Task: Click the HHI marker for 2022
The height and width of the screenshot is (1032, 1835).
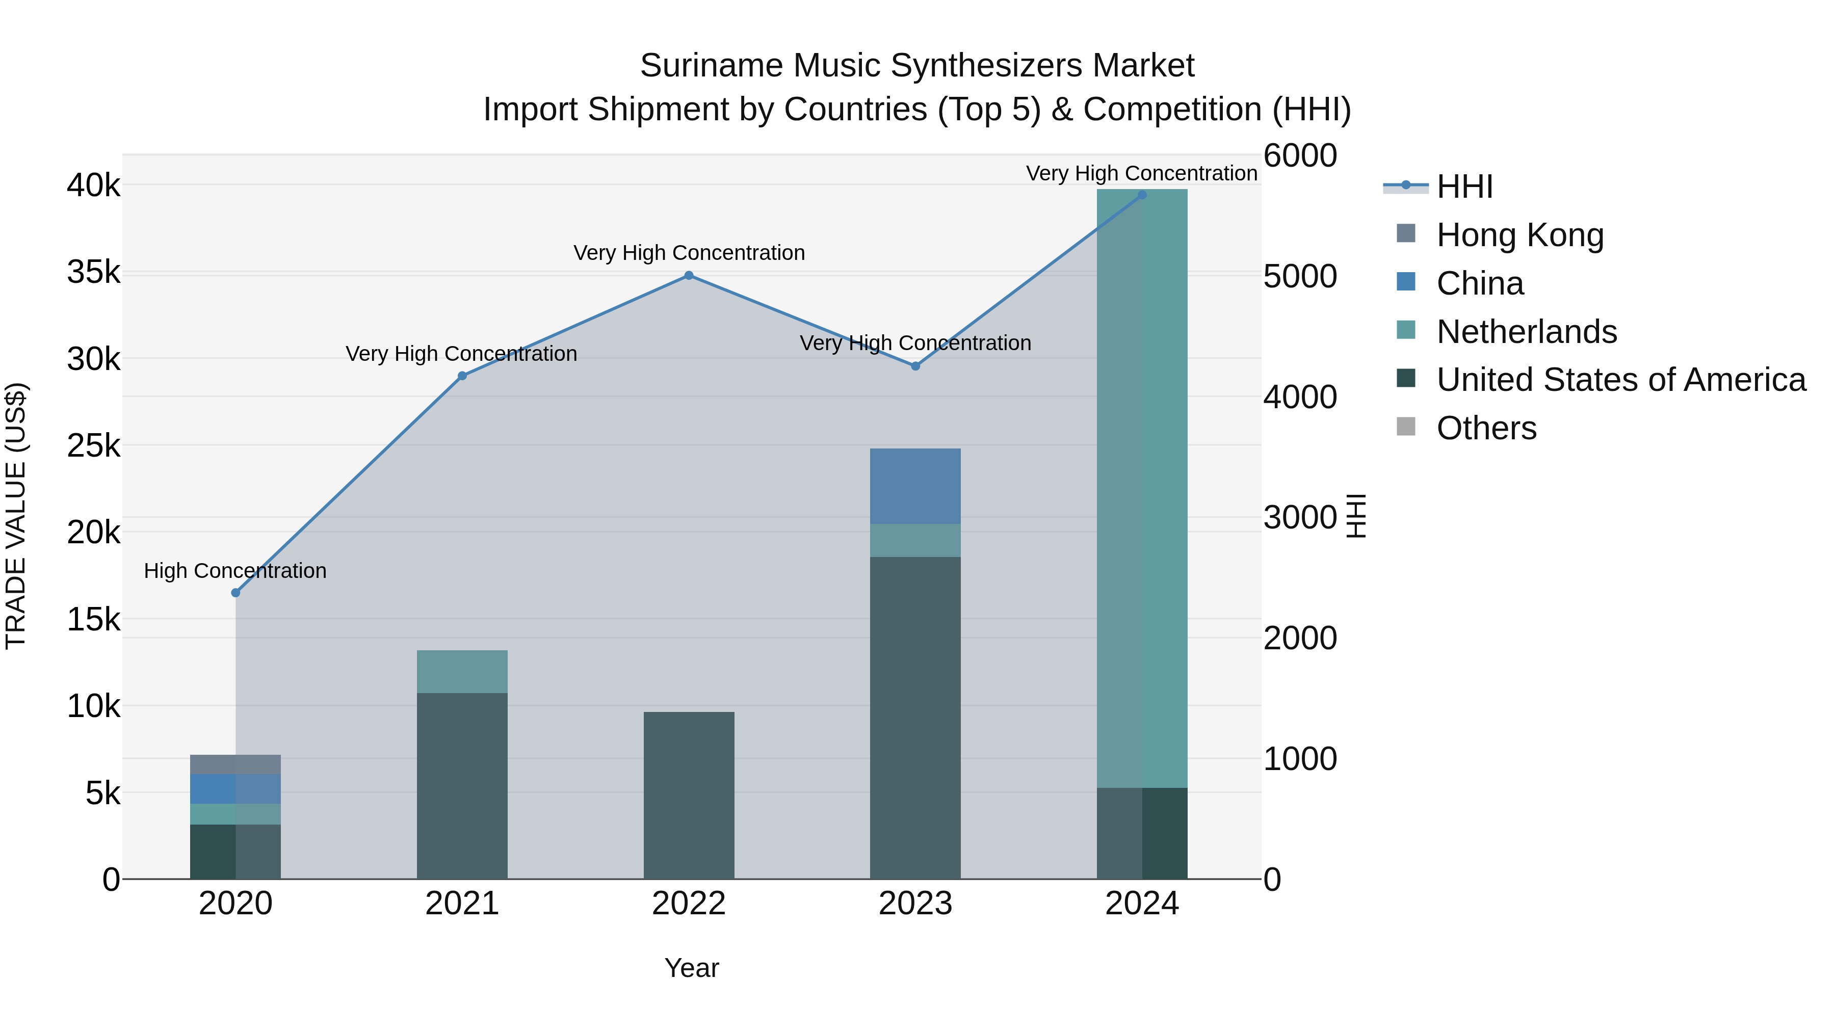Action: [x=688, y=276]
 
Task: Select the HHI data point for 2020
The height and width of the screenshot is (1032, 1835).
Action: [x=236, y=593]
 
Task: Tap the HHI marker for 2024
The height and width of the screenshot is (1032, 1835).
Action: [x=1142, y=195]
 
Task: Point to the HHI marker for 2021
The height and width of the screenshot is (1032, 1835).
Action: [x=462, y=376]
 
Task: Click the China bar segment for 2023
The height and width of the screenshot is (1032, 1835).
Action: [x=915, y=487]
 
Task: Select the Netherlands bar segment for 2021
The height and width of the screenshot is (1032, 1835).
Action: [x=462, y=672]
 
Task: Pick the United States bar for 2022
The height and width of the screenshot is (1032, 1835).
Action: [x=689, y=795]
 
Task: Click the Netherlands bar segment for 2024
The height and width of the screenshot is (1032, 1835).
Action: [x=1142, y=489]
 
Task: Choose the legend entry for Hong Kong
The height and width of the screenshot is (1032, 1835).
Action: [x=1519, y=235]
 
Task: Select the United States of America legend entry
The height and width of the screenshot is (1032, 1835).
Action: [x=1620, y=380]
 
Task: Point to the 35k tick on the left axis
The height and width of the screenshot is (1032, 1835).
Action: [x=94, y=272]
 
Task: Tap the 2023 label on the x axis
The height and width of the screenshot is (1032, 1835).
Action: [x=915, y=904]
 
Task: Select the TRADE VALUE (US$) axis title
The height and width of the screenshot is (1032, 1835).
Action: [x=16, y=516]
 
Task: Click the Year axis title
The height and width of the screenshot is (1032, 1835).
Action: [x=691, y=968]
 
